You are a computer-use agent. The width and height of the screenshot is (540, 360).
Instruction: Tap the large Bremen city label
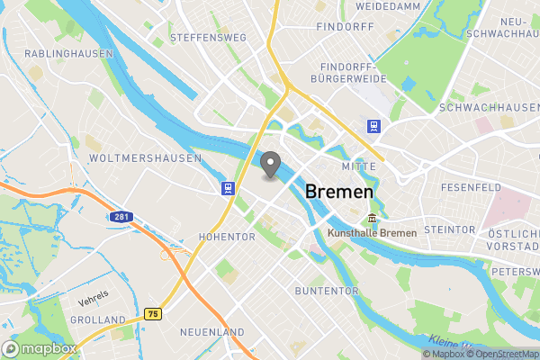click(x=339, y=192)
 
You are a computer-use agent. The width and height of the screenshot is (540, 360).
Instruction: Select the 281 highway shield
click(x=121, y=217)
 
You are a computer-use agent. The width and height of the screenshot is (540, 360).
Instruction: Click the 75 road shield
click(x=152, y=314)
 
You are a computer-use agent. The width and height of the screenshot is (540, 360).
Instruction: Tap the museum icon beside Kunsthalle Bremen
click(x=372, y=220)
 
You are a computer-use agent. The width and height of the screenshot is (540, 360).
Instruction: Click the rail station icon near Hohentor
click(x=229, y=188)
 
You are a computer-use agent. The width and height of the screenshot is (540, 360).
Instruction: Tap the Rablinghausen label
click(x=68, y=54)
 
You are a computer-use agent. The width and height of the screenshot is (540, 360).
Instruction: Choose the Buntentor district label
click(x=325, y=292)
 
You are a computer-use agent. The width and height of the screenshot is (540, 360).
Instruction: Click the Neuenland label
click(x=212, y=332)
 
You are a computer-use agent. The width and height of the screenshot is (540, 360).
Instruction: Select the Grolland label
click(x=98, y=319)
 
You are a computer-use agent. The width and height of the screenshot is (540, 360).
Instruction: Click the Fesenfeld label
click(x=471, y=187)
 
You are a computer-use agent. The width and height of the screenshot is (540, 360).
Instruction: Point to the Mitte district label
click(x=358, y=167)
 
